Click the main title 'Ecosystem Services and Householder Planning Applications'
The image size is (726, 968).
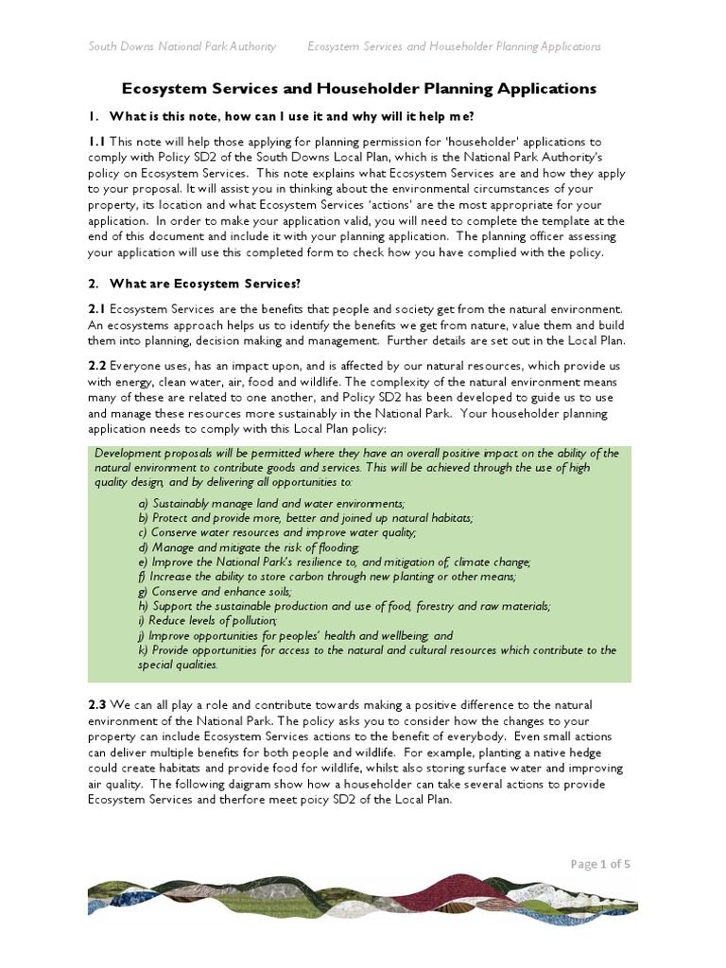(x=360, y=89)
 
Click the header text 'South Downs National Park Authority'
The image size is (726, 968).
(x=182, y=46)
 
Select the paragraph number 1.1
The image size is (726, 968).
(x=95, y=141)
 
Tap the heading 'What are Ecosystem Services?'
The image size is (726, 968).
(x=203, y=283)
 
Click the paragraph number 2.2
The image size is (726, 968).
(x=96, y=365)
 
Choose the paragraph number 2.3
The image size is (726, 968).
(x=96, y=705)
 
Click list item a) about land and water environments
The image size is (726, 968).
(x=271, y=503)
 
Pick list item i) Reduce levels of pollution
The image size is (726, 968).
(x=208, y=620)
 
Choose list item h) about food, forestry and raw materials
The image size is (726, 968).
(x=344, y=606)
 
